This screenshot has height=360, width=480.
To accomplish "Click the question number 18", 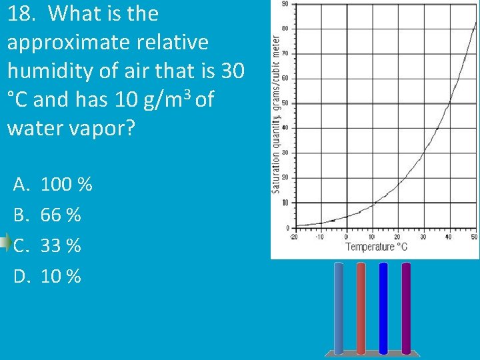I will click(x=21, y=14).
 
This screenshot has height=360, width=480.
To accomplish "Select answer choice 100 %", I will click(x=67, y=184).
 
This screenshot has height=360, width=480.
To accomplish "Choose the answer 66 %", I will click(x=61, y=215).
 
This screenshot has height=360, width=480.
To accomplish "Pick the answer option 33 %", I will click(x=61, y=245).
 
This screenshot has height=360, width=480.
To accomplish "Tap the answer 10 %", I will click(x=61, y=275).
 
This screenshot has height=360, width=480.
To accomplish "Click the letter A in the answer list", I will click(x=21, y=184).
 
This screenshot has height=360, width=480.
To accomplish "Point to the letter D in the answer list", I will click(x=21, y=275).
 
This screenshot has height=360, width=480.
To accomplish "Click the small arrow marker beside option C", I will click(x=5, y=241).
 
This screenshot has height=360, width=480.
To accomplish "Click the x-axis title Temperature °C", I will click(x=376, y=247).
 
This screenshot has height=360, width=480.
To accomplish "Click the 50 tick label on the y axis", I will click(x=285, y=103).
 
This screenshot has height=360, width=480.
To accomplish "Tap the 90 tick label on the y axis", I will click(x=285, y=4).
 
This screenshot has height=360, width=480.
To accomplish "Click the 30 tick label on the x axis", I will click(x=423, y=237).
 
